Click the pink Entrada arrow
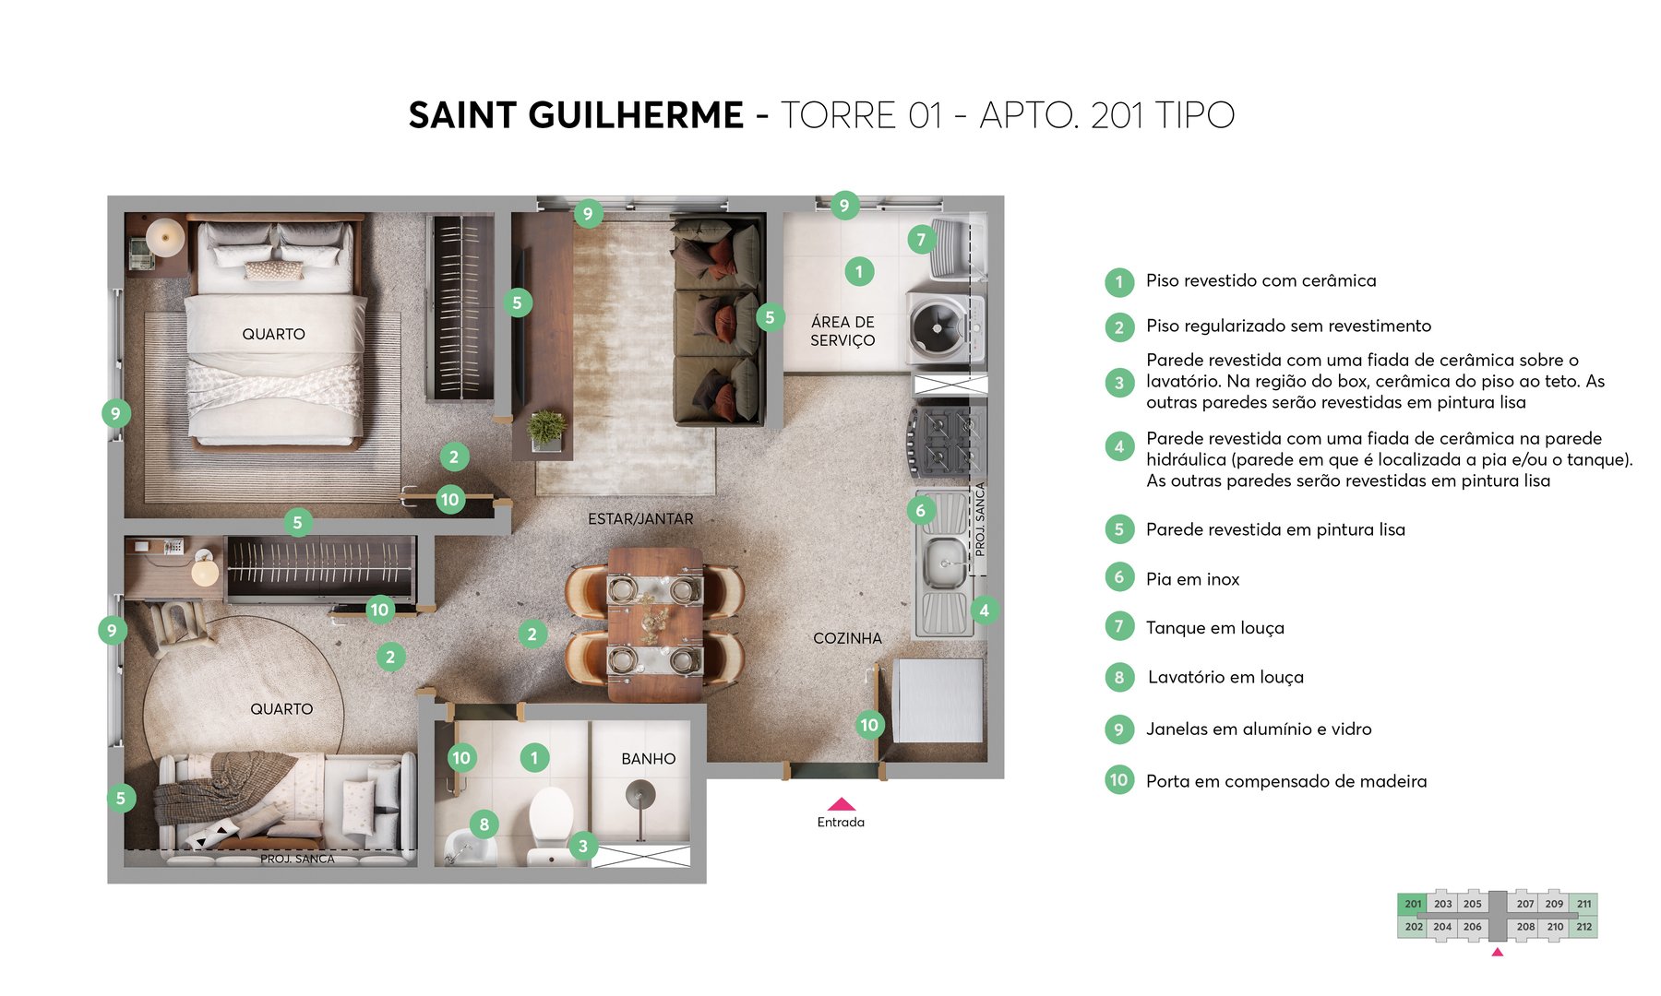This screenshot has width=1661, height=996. click(x=841, y=804)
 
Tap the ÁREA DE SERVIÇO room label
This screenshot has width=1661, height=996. click(x=842, y=331)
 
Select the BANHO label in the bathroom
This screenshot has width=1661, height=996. click(x=648, y=759)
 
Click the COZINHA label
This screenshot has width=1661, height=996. click(x=847, y=638)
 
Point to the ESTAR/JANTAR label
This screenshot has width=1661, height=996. click(x=640, y=519)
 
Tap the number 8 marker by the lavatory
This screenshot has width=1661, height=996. click(x=484, y=824)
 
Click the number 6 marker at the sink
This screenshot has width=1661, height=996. click(x=920, y=510)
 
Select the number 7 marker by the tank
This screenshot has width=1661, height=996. click(x=920, y=240)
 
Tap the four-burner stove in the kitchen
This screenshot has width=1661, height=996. click(x=946, y=441)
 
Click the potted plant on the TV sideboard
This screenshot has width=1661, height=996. click(x=546, y=430)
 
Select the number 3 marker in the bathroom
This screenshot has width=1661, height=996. click(x=582, y=846)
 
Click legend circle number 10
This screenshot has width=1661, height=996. click(x=1118, y=780)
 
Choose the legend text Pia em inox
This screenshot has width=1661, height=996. click(x=1192, y=579)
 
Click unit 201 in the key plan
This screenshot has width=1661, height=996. click(x=1412, y=904)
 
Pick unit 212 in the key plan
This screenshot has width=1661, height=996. click(x=1583, y=927)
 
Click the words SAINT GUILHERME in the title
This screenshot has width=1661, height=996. click(x=576, y=116)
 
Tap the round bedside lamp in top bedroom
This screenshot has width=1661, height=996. click(x=166, y=236)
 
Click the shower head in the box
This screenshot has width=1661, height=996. click(x=639, y=792)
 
